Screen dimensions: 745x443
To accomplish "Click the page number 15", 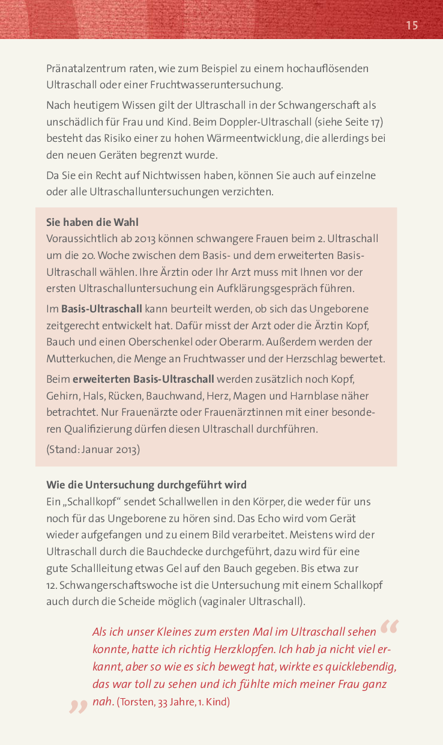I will click(x=412, y=25).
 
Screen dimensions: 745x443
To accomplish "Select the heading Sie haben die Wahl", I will click(x=92, y=222).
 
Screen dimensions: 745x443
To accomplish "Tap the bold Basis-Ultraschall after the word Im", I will click(x=101, y=309).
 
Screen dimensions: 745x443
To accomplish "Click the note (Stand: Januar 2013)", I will click(x=93, y=449).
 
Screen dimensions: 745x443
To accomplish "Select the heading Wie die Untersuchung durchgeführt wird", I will click(x=146, y=485).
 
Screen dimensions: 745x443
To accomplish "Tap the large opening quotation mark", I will click(x=389, y=627).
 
